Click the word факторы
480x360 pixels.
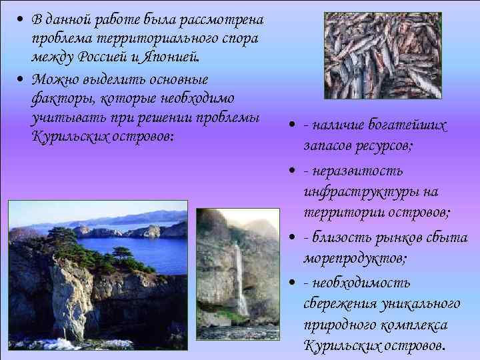[x=57, y=99]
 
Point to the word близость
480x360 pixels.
[x=341, y=238]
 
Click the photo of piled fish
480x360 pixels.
[x=382, y=55]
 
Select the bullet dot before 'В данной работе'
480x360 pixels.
[x=22, y=17]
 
